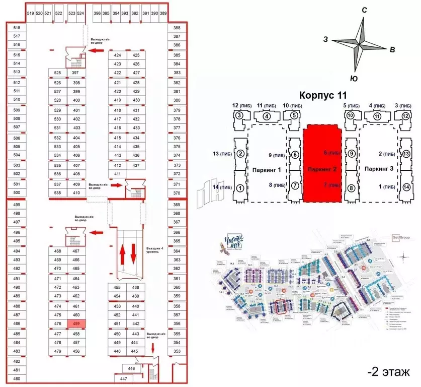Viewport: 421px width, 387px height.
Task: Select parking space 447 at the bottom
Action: tap(124, 378)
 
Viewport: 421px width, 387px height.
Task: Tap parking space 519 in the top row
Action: tap(30, 13)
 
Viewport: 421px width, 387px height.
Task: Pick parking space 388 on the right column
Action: tap(177, 28)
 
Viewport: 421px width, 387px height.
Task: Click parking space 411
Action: tap(118, 174)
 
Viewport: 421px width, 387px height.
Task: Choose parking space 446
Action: tap(131, 369)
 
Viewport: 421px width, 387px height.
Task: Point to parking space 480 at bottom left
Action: tap(17, 378)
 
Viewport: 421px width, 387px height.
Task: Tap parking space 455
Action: tap(118, 287)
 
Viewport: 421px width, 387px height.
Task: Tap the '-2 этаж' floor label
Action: tap(387, 372)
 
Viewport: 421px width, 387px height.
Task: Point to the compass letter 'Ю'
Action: tap(354, 78)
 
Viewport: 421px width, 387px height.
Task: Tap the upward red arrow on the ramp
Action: tap(122, 255)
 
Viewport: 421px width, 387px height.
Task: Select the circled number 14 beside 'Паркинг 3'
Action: tap(406, 187)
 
